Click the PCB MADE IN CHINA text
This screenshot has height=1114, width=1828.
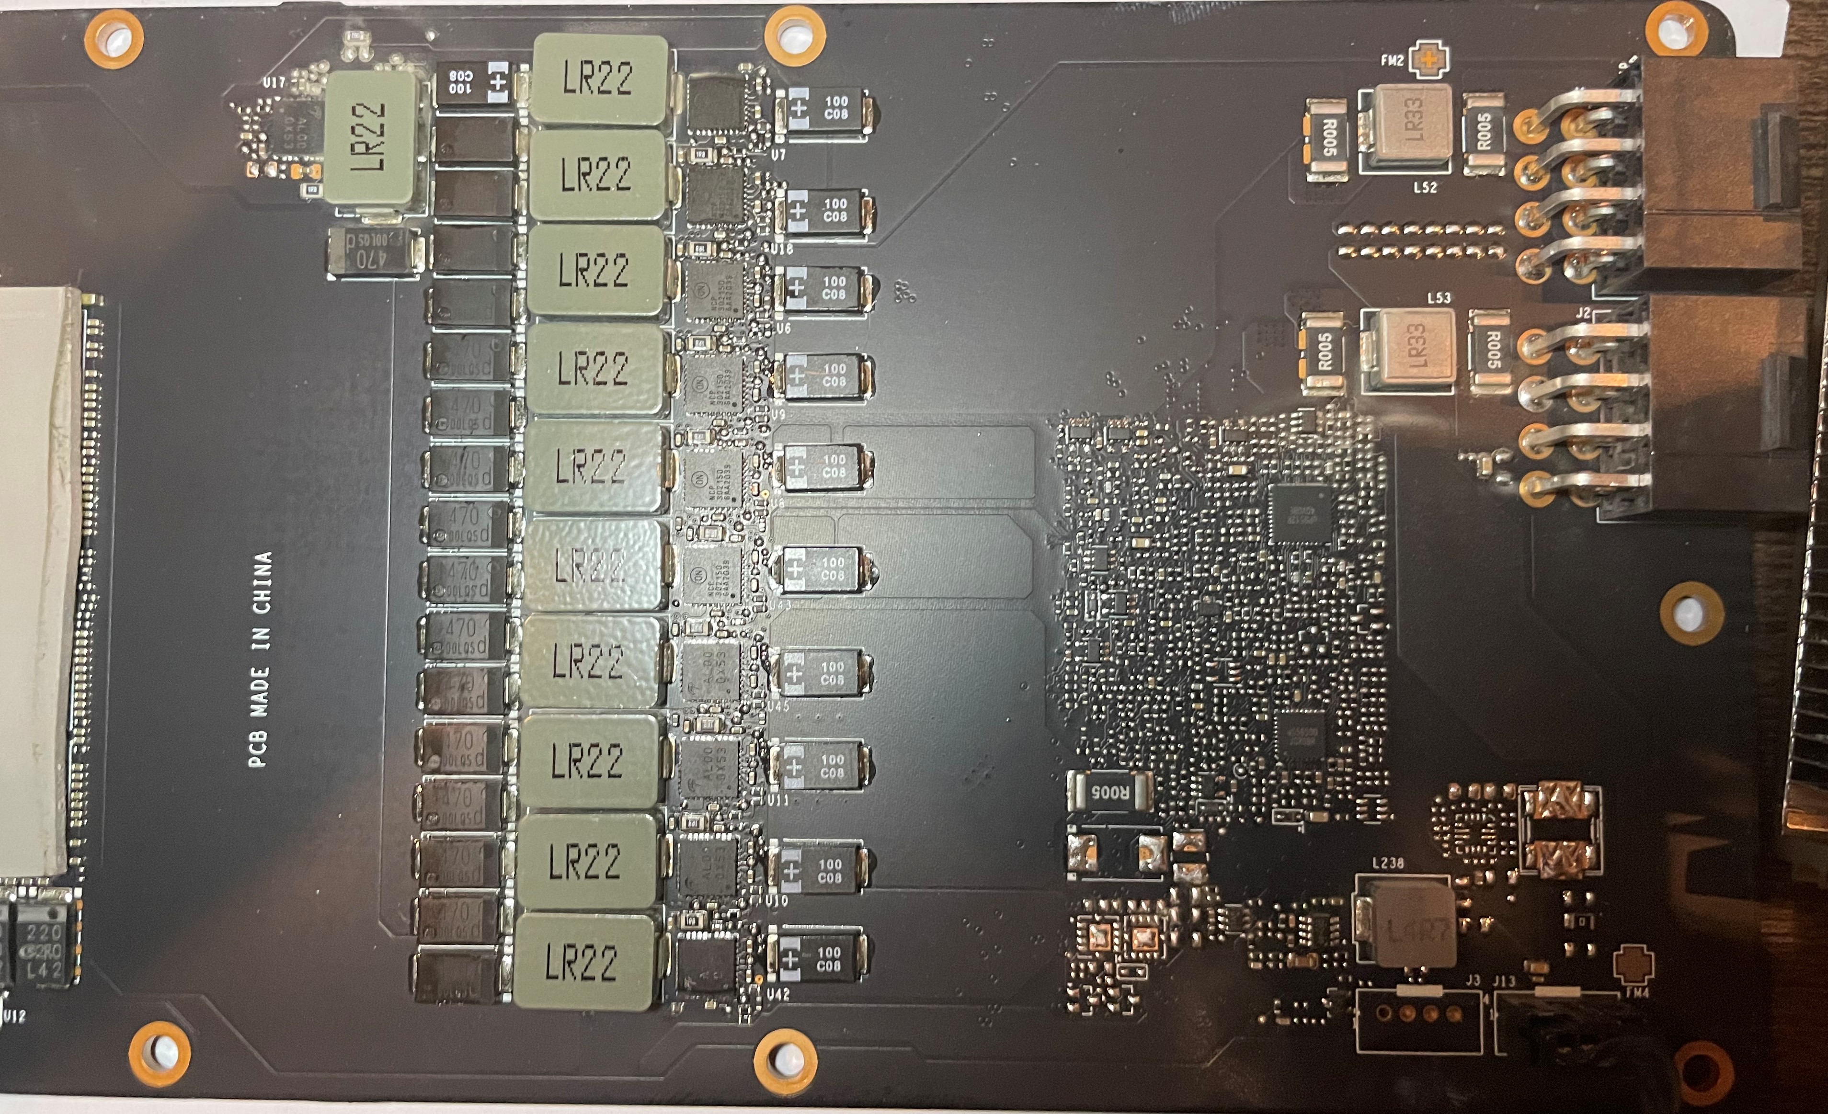pyautogui.click(x=261, y=659)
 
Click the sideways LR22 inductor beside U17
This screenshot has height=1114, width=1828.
pyautogui.click(x=370, y=139)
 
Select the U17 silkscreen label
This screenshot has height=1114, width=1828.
pyautogui.click(x=273, y=83)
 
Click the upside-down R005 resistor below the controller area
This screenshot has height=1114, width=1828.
pyautogui.click(x=1109, y=791)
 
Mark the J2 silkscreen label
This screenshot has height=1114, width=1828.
pyautogui.click(x=1582, y=313)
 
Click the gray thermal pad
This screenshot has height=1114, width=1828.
pyautogui.click(x=37, y=579)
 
